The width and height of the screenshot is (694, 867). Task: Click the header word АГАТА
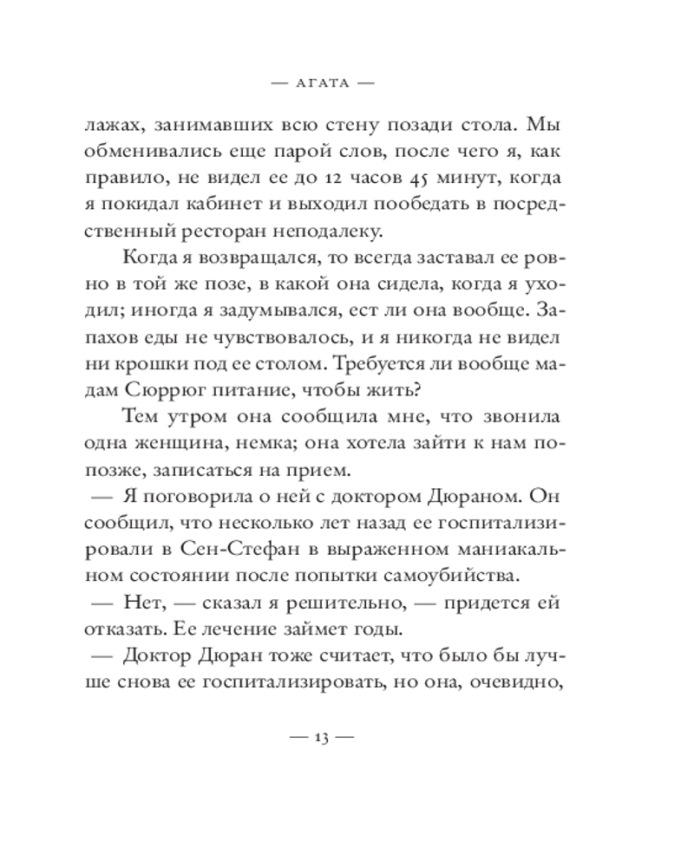[322, 84]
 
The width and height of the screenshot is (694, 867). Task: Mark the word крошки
[149, 363]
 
